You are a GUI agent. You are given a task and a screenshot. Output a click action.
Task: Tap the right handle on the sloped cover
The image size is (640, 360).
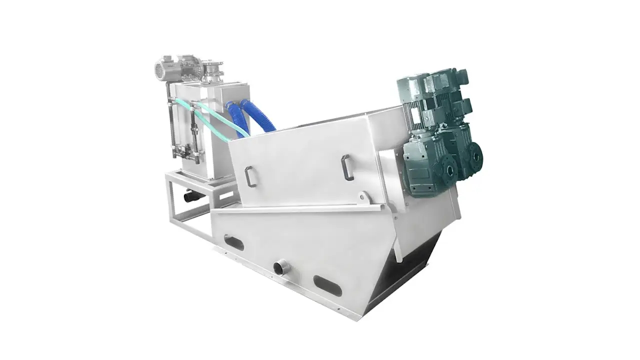pos(347,167)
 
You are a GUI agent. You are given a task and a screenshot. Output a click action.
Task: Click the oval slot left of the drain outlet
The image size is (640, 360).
pos(234,243)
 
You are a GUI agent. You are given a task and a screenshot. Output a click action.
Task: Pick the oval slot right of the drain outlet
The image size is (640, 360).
pos(327,285)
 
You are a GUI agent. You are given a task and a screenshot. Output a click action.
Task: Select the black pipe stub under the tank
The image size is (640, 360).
pos(191,196)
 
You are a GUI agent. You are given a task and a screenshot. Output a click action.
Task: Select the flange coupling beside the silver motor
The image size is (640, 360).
pos(213,70)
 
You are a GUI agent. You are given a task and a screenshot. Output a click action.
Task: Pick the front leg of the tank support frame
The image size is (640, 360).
pos(170,200)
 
